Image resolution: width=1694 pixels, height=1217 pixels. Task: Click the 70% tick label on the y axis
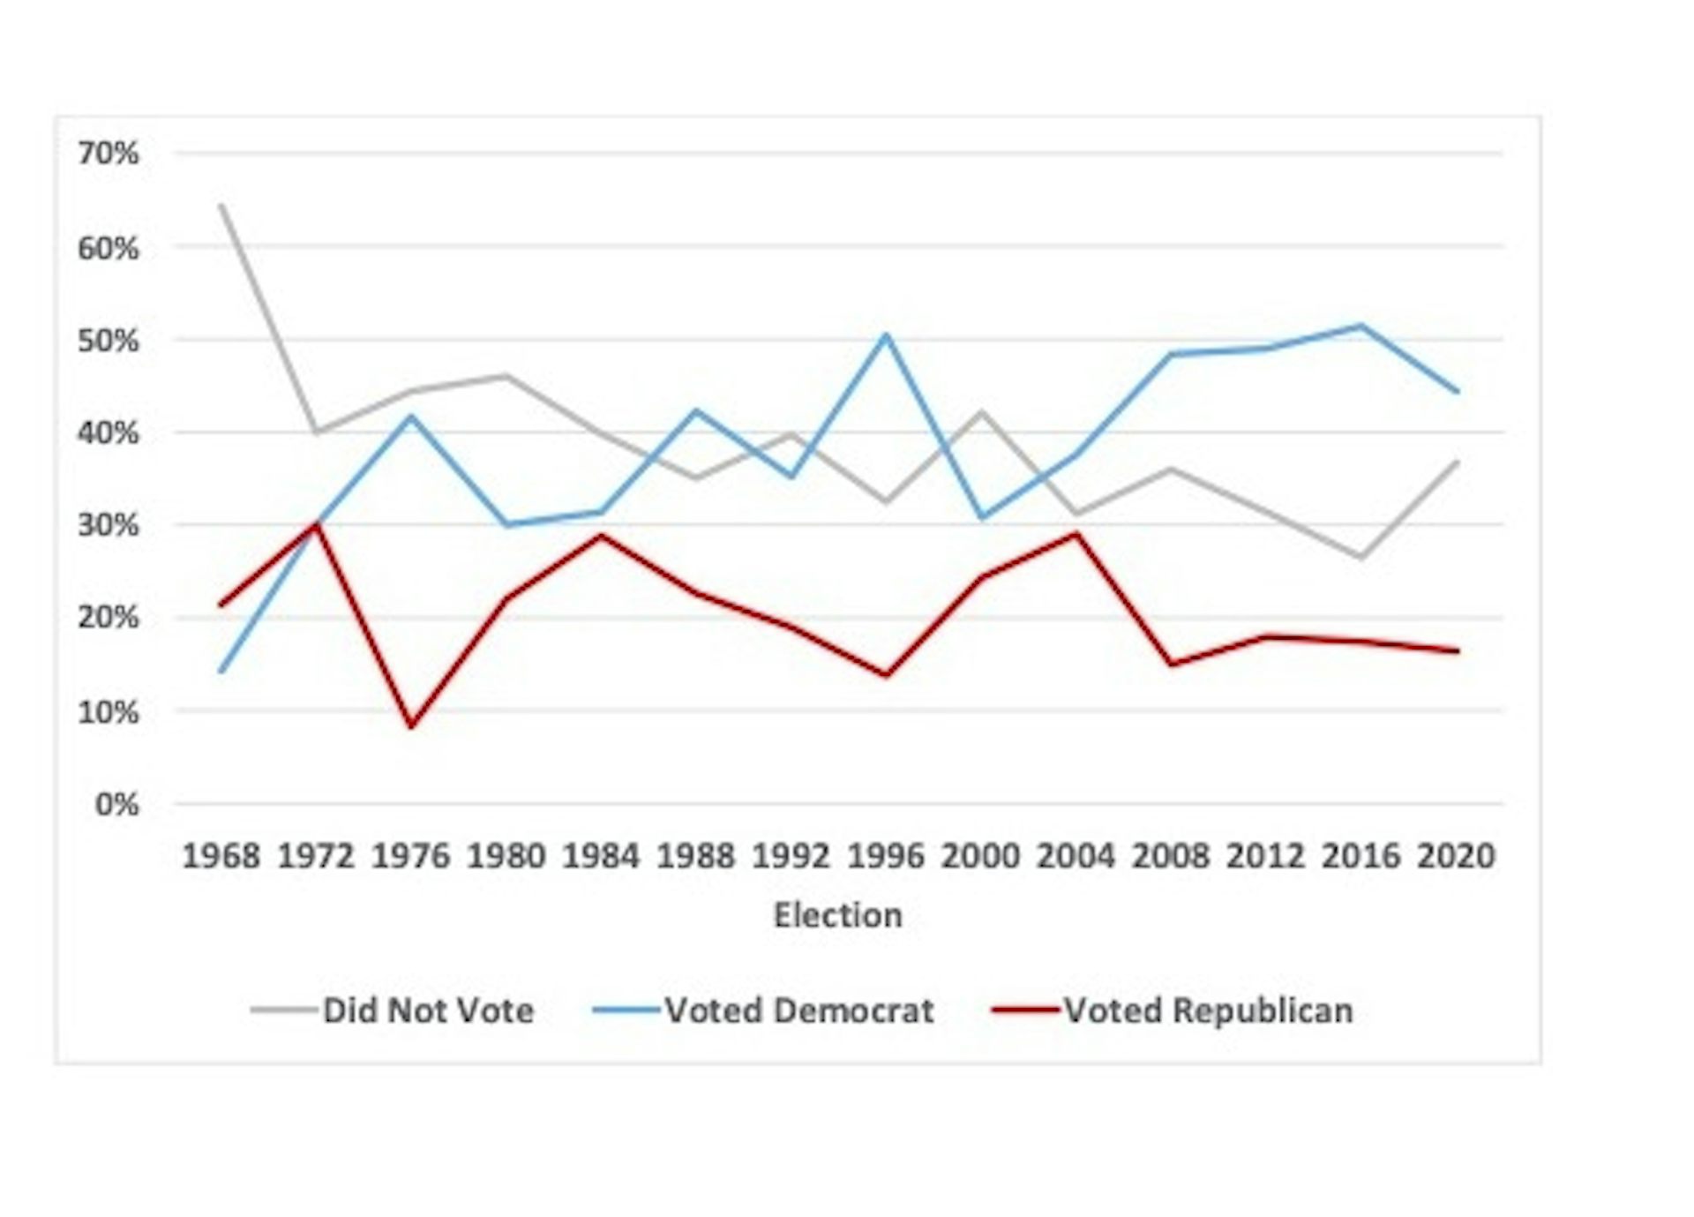(108, 154)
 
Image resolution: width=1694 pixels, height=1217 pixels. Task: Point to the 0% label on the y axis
(116, 804)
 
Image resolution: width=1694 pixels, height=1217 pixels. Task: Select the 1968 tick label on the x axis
(221, 855)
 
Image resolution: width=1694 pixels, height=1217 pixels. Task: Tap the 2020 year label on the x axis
(1456, 855)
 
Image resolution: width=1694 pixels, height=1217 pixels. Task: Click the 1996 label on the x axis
(886, 855)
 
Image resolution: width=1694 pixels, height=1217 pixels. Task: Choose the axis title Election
(837, 915)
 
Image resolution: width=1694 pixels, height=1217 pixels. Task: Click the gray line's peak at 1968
(221, 206)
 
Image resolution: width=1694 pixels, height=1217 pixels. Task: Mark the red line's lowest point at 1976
(411, 725)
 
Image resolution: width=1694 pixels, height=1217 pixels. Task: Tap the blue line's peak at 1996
(886, 335)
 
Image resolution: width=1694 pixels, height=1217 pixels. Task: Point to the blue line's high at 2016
(1361, 326)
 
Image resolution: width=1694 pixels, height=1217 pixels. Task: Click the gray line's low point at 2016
(1361, 557)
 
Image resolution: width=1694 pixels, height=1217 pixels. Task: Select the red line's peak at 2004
(1076, 534)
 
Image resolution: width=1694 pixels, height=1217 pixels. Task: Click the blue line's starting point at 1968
(221, 672)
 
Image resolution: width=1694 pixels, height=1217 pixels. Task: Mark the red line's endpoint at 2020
(1457, 651)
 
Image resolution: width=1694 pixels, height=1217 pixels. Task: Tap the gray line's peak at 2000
(981, 411)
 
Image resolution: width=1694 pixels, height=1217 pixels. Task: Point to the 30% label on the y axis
(108, 525)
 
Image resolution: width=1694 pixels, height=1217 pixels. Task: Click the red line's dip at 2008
(1171, 664)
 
